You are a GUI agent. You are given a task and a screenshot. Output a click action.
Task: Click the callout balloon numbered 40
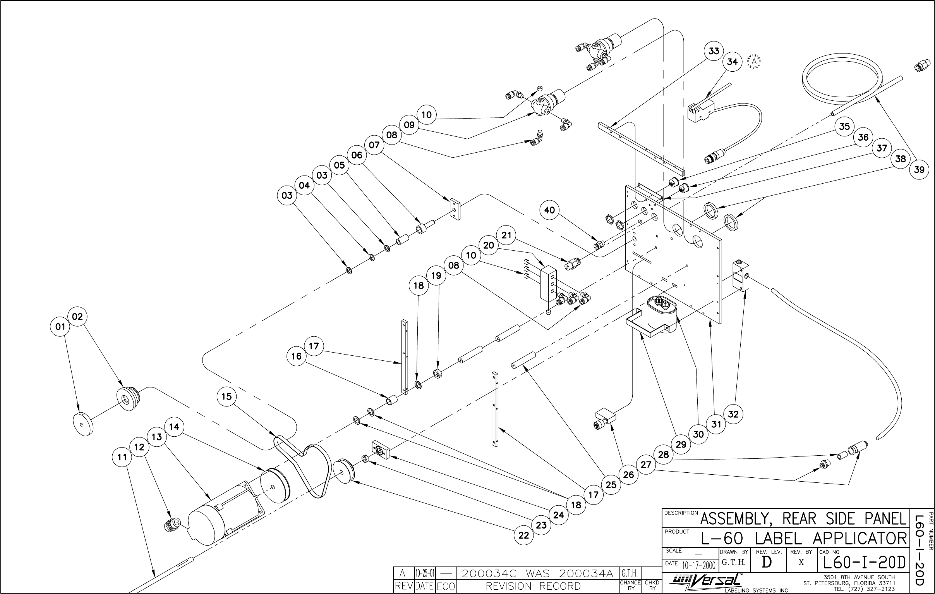click(x=549, y=210)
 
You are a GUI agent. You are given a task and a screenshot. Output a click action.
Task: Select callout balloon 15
click(x=226, y=396)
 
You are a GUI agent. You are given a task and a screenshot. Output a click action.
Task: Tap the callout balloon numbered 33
click(x=714, y=51)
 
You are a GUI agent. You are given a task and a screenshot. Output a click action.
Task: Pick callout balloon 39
click(x=919, y=169)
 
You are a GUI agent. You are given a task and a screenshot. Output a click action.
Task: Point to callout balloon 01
click(x=60, y=327)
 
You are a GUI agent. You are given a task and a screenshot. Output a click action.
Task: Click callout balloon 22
click(x=524, y=535)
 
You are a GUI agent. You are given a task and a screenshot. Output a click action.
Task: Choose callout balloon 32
click(x=733, y=414)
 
